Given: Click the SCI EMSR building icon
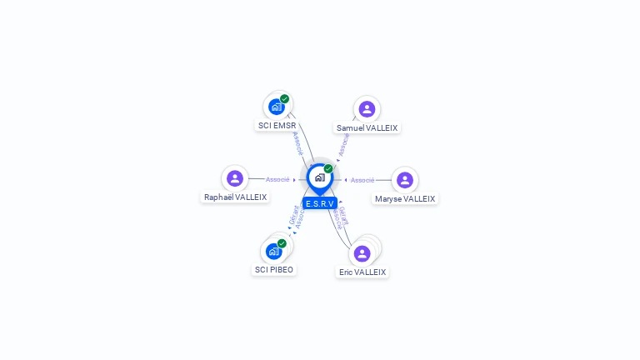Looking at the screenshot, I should click(277, 107).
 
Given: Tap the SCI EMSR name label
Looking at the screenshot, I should click(277, 126).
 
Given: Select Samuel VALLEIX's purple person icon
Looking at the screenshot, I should click(367, 109).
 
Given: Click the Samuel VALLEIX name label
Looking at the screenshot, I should click(367, 128).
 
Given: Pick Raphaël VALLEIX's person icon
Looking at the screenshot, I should click(235, 178).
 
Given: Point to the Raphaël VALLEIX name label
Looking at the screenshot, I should click(235, 197).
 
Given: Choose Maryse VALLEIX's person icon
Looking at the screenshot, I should click(405, 180).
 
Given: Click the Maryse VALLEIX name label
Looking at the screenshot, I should click(405, 199).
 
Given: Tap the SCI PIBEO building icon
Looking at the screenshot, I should click(273, 251).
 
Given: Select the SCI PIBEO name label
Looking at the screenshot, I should click(274, 270).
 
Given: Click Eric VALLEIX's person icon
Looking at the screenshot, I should click(362, 253).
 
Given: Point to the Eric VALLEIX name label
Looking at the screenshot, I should click(362, 272).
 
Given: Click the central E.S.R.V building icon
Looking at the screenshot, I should click(319, 177).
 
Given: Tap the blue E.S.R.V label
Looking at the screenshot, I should click(319, 203).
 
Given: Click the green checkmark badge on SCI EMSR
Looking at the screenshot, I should click(285, 99).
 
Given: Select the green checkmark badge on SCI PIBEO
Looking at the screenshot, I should click(282, 243).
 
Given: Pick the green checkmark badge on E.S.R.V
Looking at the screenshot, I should click(328, 169).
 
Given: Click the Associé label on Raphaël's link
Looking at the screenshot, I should click(277, 179).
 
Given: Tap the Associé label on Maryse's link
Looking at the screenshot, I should click(362, 180).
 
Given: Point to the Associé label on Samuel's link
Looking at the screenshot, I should click(343, 145).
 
